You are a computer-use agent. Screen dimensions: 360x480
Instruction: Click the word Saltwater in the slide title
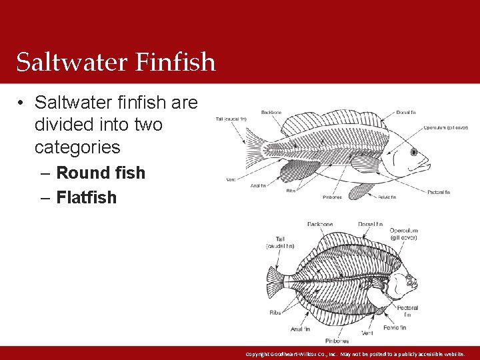point(72,62)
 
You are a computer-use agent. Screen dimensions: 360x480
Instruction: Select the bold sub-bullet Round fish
point(101,173)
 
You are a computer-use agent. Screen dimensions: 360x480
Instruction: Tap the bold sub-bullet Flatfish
point(87,197)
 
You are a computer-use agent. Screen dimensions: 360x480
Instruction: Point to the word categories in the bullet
point(77,147)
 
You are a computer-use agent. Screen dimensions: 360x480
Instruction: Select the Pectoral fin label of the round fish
point(437,192)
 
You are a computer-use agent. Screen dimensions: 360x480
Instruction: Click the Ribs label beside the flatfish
point(275,312)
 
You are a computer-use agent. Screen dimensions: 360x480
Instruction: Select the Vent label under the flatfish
point(367,333)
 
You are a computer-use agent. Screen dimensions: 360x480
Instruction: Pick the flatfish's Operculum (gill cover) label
point(404,234)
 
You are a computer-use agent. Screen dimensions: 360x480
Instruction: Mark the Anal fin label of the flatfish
point(299,329)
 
